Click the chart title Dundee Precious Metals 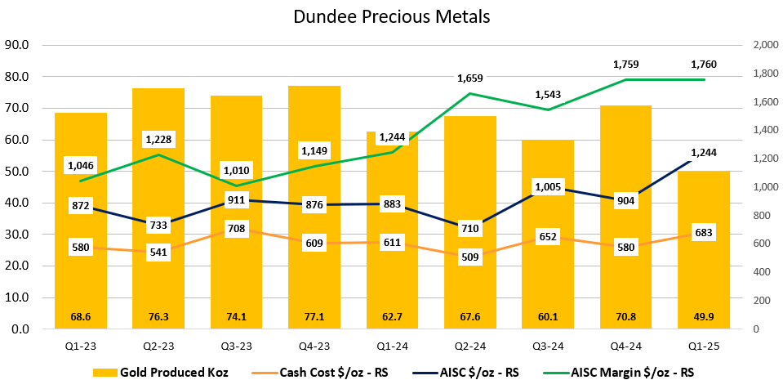coord(391,16)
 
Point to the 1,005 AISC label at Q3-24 coord(547,187)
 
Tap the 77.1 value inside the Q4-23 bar coord(314,316)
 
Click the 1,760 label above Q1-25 coord(703,64)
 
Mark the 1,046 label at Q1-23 coord(80,165)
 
